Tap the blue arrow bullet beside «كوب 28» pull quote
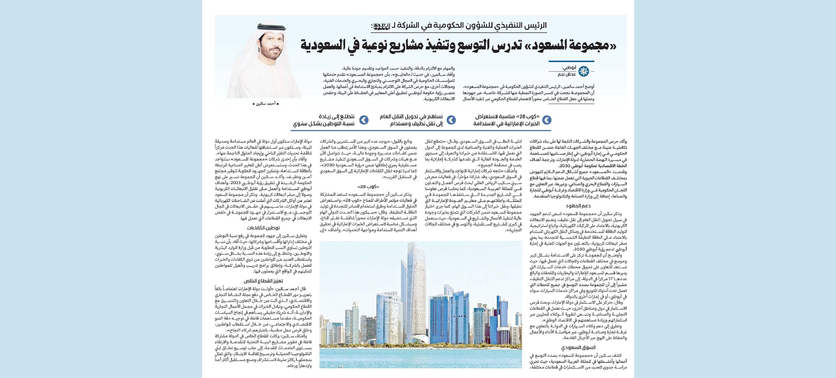(547, 120)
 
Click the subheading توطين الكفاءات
(263, 228)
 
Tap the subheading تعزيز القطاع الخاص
(263, 281)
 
